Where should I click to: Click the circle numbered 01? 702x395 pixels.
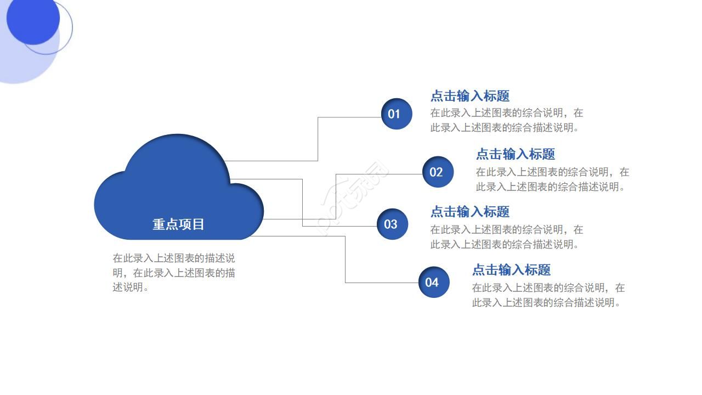[396, 114]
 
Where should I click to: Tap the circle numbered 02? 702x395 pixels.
[438, 172]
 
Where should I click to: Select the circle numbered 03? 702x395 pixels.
[392, 224]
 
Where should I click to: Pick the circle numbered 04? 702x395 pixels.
[433, 282]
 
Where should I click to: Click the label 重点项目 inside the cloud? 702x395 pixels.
[178, 224]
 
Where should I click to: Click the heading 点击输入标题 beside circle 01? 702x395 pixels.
[470, 96]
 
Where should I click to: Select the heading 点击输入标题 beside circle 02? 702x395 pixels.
[516, 154]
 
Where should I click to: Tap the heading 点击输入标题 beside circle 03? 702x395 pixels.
[470, 212]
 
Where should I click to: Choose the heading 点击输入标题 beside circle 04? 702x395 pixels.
[512, 270]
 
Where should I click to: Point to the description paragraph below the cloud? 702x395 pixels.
[174, 273]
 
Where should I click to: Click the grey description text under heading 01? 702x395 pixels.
[506, 120]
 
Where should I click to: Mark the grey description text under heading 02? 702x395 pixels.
[552, 179]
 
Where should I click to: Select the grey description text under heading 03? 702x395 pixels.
[506, 237]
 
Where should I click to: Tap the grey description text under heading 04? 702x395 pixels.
[548, 295]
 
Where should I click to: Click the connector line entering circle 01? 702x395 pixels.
[351, 117]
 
